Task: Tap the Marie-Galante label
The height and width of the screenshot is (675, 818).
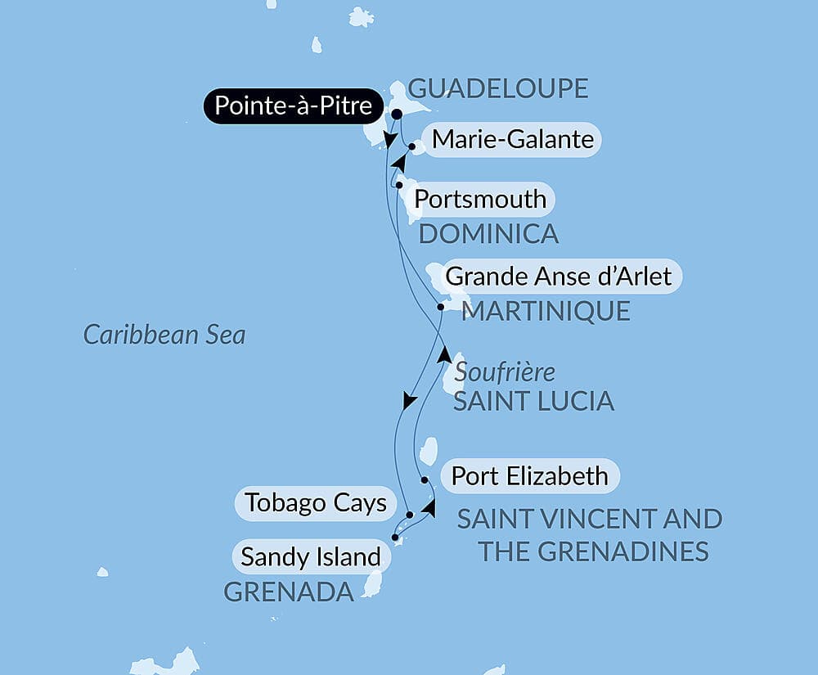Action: click(512, 140)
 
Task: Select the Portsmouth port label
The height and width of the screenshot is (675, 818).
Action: click(480, 199)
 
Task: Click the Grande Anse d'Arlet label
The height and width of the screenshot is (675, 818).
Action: click(559, 276)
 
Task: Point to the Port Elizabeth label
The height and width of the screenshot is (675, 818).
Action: click(529, 475)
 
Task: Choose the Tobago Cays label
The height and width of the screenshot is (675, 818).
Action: click(316, 502)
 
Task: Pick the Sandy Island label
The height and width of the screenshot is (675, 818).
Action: click(311, 557)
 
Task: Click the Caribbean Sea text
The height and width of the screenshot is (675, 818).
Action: click(164, 335)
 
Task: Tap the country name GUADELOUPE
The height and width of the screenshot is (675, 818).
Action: click(497, 88)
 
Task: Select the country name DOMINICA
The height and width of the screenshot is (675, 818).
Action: click(488, 234)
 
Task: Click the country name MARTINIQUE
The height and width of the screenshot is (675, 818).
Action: click(546, 311)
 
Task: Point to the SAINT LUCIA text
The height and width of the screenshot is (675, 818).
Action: click(533, 401)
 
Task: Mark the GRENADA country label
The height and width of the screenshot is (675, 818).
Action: click(289, 592)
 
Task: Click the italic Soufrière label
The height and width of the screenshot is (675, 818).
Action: click(505, 372)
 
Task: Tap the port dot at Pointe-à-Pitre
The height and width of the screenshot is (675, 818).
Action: click(397, 115)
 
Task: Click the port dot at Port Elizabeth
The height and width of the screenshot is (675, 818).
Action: click(425, 479)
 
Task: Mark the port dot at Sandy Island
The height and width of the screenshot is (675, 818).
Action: click(396, 538)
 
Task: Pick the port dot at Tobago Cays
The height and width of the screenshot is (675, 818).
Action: click(409, 515)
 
